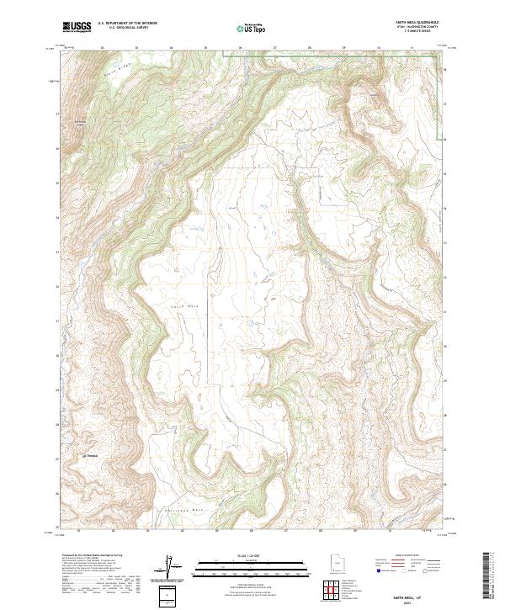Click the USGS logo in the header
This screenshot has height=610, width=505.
[x=77, y=27]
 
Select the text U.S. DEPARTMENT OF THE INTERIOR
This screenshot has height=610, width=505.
[x=127, y=24]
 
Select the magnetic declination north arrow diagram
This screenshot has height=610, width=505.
[x=172, y=566]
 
